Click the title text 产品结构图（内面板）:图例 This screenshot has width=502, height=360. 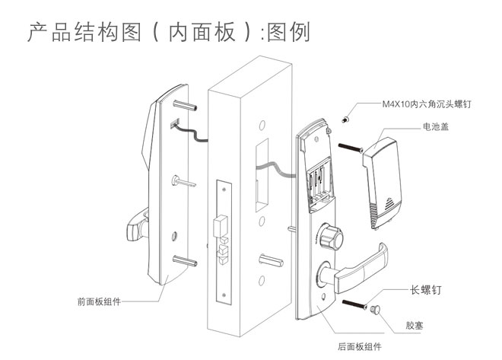coord(168,33)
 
